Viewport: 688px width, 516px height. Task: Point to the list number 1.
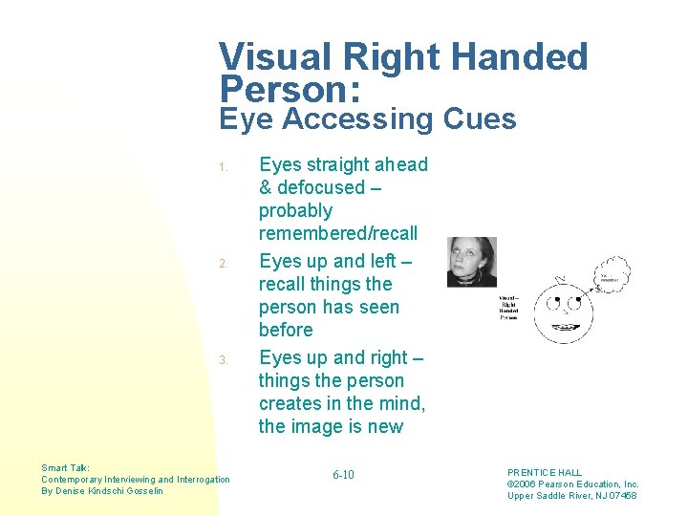pyautogui.click(x=221, y=167)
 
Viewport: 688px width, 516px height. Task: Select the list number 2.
pyautogui.click(x=221, y=263)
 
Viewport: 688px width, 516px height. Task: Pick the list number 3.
pyautogui.click(x=221, y=360)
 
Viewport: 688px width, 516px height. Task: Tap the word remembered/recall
pyautogui.click(x=338, y=234)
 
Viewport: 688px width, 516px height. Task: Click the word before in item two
pyautogui.click(x=286, y=331)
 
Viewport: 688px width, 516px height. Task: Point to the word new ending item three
pyautogui.click(x=386, y=426)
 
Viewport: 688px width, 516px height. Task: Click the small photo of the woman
pyautogui.click(x=471, y=262)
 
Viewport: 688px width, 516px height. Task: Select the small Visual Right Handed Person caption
pyautogui.click(x=508, y=308)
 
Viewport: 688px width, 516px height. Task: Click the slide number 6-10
pyautogui.click(x=343, y=475)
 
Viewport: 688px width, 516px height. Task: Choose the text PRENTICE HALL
pyautogui.click(x=544, y=473)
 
